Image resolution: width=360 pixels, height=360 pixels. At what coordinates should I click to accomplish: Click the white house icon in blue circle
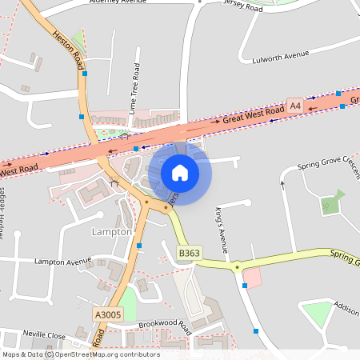click(x=180, y=172)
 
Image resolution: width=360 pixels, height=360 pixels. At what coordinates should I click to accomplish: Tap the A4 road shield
click(x=295, y=106)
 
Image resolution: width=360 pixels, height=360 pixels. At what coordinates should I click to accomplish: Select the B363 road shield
click(x=188, y=253)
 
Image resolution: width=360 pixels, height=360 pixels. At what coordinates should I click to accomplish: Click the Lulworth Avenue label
click(x=280, y=56)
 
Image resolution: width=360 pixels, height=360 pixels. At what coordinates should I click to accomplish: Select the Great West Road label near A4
click(x=254, y=115)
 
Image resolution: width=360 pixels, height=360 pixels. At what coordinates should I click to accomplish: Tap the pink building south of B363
click(x=251, y=278)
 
